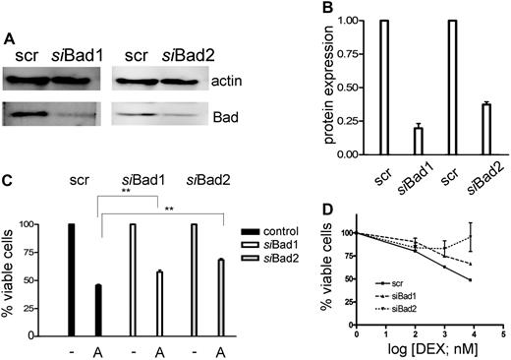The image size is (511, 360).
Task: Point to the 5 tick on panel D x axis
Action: [x=503, y=334]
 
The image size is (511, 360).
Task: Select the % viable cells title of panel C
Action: [x=10, y=273]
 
